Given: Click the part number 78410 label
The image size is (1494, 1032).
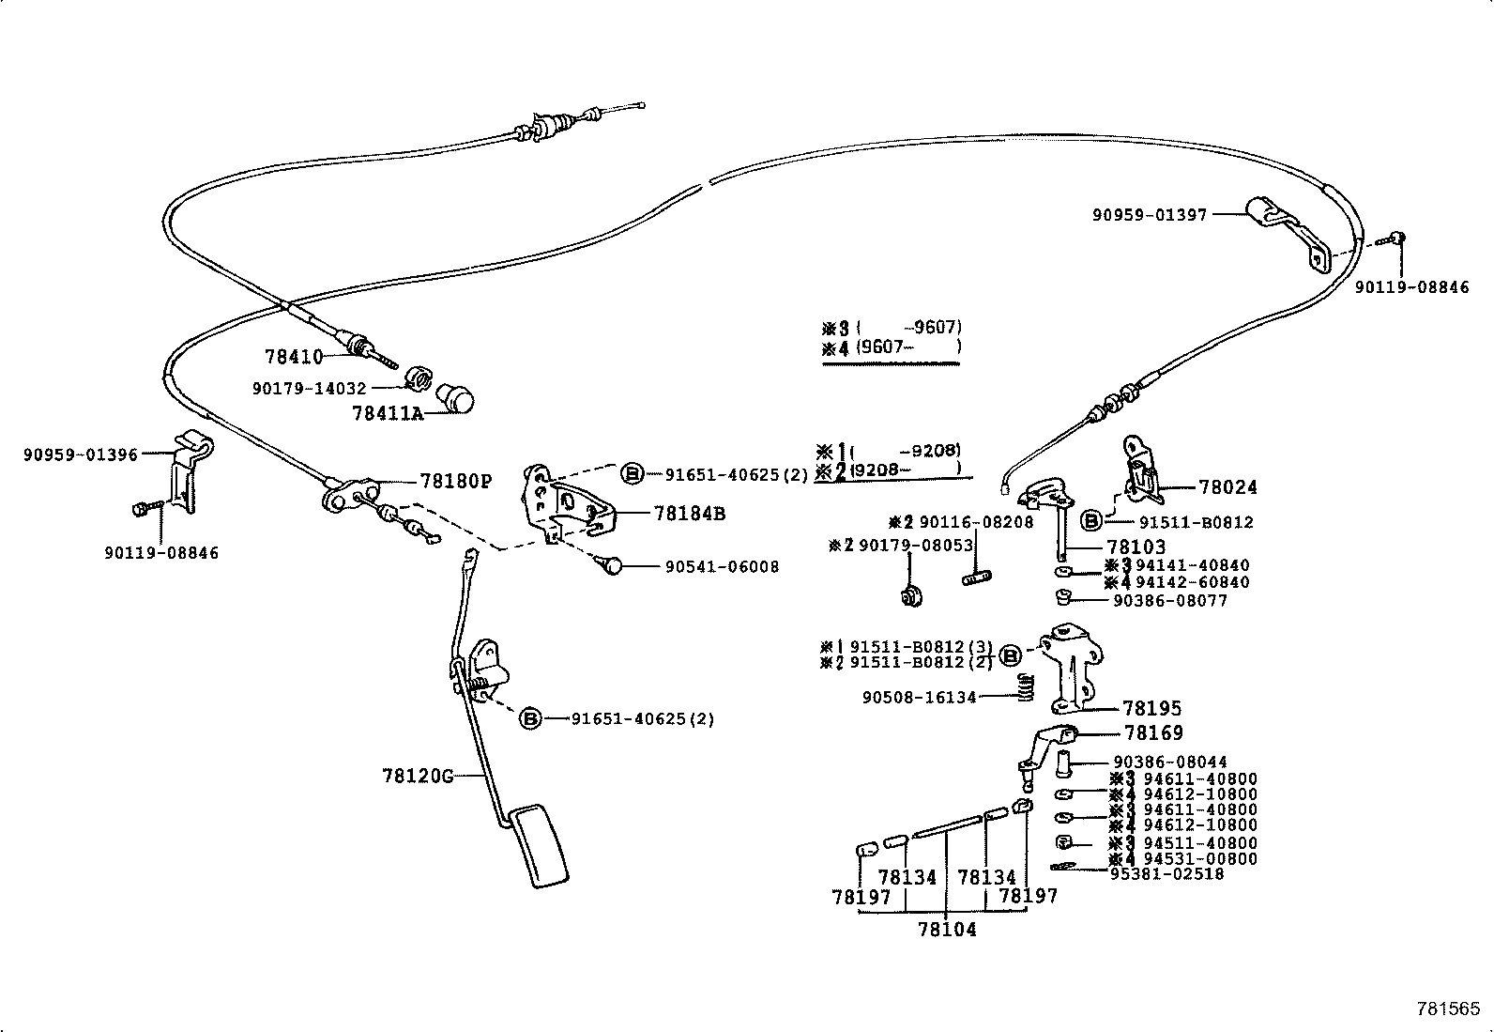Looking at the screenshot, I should [293, 357].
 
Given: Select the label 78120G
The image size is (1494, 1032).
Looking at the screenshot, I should [417, 776].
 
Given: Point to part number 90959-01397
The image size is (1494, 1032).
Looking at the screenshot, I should [1149, 215].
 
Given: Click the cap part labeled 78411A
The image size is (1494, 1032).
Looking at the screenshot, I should [458, 398].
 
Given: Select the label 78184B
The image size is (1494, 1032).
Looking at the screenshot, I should [690, 514].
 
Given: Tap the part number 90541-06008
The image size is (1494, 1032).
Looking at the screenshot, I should [722, 567].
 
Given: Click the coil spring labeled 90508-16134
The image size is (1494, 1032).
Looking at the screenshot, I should [1027, 688].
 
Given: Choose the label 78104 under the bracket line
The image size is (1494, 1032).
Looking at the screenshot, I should [946, 930].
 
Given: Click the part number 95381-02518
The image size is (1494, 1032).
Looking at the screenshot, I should [1166, 873].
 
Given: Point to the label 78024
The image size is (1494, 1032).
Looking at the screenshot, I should [1227, 487].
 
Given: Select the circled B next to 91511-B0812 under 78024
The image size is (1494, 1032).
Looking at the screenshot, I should [1091, 521].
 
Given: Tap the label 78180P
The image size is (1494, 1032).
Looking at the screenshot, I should [455, 482].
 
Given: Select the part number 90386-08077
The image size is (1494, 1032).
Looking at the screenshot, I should [1169, 600].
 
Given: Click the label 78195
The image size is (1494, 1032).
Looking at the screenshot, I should [1152, 709].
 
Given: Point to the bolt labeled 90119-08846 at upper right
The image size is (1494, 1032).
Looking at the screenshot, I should [1395, 239].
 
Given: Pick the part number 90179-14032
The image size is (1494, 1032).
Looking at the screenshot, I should [309, 388].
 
